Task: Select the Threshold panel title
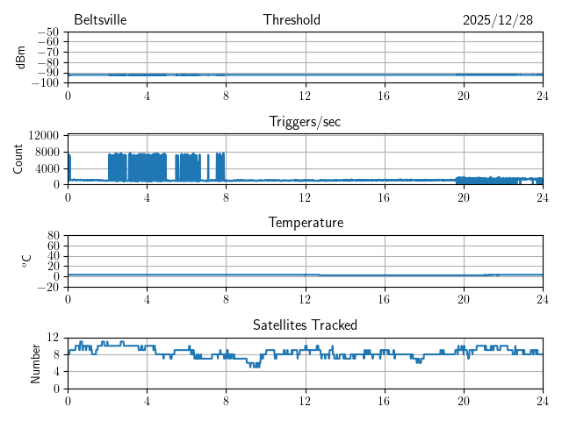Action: (292, 20)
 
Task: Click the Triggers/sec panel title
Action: (305, 122)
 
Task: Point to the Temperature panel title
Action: (305, 223)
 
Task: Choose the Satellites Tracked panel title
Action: (305, 325)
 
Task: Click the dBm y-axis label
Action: (21, 57)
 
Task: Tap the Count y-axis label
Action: (18, 159)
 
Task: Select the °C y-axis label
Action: (26, 260)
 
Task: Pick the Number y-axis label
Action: (35, 362)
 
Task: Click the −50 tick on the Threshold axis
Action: (48, 32)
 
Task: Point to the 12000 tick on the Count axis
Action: (44, 135)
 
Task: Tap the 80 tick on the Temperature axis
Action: (53, 236)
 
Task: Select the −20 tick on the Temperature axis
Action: (48, 287)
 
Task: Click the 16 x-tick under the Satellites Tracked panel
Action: (384, 400)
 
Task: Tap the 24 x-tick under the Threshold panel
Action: (542, 95)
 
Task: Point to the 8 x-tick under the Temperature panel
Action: (226, 298)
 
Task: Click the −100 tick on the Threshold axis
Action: (46, 83)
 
